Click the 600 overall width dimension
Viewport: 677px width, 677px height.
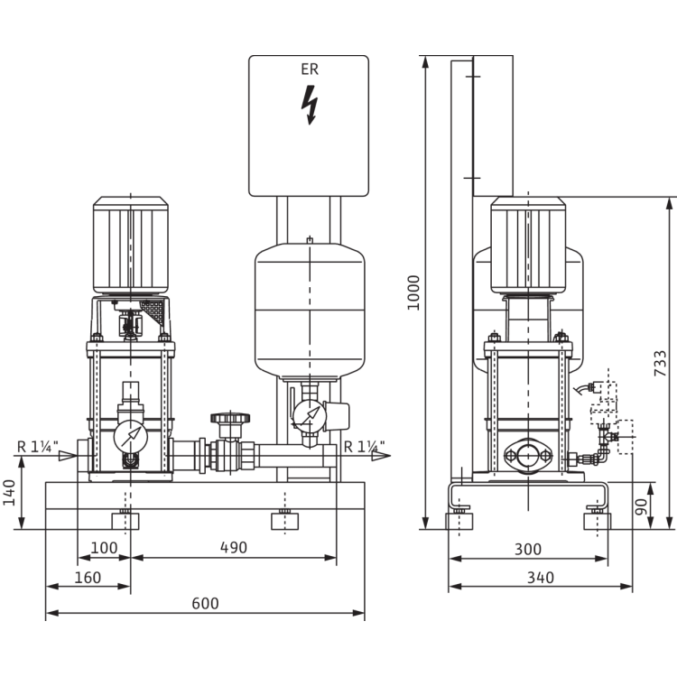coord(205,603)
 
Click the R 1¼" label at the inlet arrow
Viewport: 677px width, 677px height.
coord(36,444)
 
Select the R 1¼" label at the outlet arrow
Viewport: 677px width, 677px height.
coord(363,444)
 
